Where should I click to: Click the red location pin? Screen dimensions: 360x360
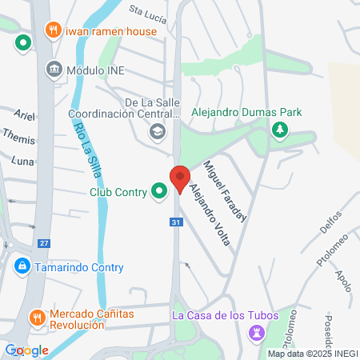tap(179, 178)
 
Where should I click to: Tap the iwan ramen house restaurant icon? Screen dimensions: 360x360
tap(53, 30)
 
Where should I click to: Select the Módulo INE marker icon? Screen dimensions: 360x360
tap(55, 69)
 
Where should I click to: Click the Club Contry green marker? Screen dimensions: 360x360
tap(159, 190)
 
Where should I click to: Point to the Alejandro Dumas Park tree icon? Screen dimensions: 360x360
tap(279, 130)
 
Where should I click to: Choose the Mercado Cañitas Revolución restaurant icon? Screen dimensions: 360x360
tap(36, 318)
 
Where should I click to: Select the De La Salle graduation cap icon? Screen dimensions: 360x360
tap(158, 130)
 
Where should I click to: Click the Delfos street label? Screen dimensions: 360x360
tap(330, 222)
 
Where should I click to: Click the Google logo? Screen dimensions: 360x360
tap(26, 350)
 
